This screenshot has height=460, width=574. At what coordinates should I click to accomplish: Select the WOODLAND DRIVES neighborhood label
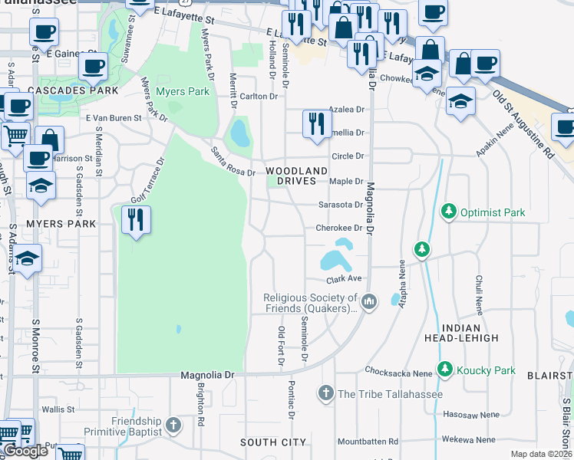click(296, 176)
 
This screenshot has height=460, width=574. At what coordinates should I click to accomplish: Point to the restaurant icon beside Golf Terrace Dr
click(137, 219)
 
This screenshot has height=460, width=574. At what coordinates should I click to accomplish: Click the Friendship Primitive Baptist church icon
click(174, 424)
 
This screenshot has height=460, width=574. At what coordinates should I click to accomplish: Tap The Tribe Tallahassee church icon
click(325, 393)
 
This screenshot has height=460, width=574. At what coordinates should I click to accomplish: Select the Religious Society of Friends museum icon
click(369, 302)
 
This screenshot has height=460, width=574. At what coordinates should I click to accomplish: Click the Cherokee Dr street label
click(338, 228)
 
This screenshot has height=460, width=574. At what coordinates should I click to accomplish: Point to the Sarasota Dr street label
click(340, 205)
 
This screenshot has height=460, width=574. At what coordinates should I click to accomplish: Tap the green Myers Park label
click(183, 92)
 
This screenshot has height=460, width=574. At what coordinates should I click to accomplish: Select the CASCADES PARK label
click(73, 90)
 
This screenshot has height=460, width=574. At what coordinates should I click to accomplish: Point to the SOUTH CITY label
click(273, 442)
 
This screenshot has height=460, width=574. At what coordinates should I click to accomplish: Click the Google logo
click(25, 451)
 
